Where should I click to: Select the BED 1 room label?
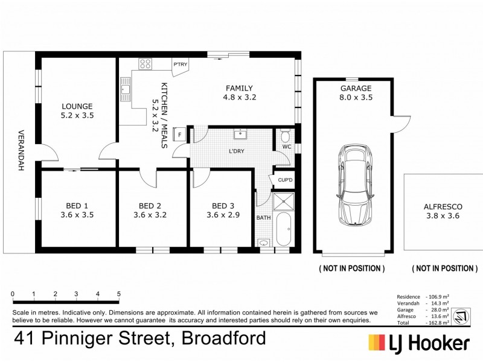pyautogui.click(x=77, y=204)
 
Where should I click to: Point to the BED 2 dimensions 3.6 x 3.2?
pyautogui.click(x=150, y=214)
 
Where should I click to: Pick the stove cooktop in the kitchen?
pyautogui.click(x=146, y=62)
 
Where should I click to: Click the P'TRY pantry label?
pyautogui.click(x=179, y=65)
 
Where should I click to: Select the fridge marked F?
pyautogui.click(x=179, y=135)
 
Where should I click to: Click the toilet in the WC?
pyautogui.click(x=286, y=133)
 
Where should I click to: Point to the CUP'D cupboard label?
pyautogui.click(x=285, y=180)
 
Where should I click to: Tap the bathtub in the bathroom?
pyautogui.click(x=283, y=229)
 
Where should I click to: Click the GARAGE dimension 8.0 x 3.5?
pyautogui.click(x=356, y=97)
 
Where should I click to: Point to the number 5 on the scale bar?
pyautogui.click(x=119, y=294)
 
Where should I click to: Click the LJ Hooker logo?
pyautogui.click(x=419, y=342)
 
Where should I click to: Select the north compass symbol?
pyautogui.click(x=460, y=314)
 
